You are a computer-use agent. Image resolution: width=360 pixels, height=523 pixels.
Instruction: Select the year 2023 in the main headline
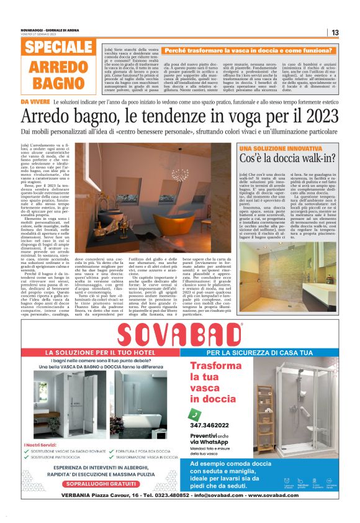(318, 116)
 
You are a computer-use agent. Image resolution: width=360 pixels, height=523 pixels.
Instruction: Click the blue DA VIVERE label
(35, 101)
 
